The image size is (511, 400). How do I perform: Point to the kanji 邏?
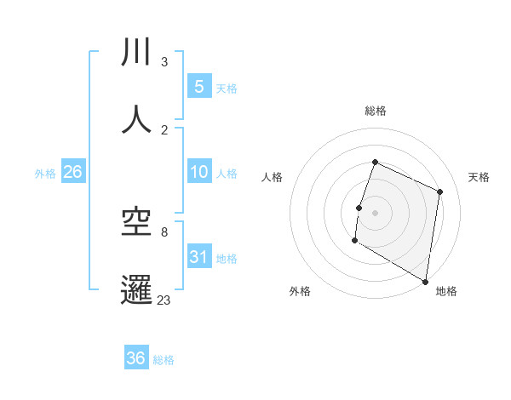pyautogui.click(x=137, y=289)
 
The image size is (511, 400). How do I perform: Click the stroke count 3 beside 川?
pyautogui.click(x=164, y=62)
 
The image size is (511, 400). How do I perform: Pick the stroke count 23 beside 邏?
pyautogui.click(x=164, y=299)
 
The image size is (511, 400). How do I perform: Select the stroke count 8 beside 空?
pyautogui.click(x=164, y=231)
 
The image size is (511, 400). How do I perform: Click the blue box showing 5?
pyautogui.click(x=198, y=86)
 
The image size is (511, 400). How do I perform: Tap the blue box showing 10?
pyautogui.click(x=198, y=172)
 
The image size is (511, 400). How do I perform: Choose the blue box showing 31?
pyautogui.click(x=198, y=257)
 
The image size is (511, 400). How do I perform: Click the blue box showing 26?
pyautogui.click(x=72, y=172)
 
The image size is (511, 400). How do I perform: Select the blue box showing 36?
pyautogui.click(x=135, y=358)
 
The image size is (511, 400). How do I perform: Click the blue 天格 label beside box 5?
pyautogui.click(x=227, y=88)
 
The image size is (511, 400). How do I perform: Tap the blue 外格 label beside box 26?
pyautogui.click(x=45, y=173)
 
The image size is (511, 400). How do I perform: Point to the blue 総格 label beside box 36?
pyautogui.click(x=164, y=360)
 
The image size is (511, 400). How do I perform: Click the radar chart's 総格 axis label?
pyautogui.click(x=375, y=111)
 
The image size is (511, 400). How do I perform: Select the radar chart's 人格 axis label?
pyautogui.click(x=273, y=177)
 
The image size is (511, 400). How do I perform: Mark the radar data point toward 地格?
pyautogui.click(x=425, y=281)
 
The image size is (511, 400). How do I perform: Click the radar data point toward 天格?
pyautogui.click(x=440, y=191)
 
